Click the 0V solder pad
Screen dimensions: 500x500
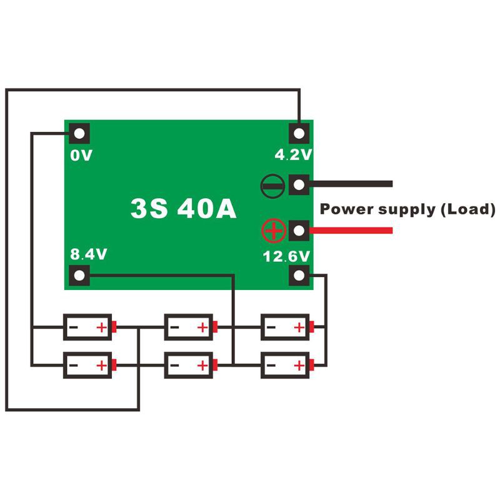click(x=80, y=133)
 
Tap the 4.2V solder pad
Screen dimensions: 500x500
click(x=299, y=133)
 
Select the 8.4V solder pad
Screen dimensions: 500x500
click(x=80, y=274)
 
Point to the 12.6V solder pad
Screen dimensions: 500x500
click(x=299, y=274)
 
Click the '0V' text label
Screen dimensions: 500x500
click(x=81, y=155)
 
